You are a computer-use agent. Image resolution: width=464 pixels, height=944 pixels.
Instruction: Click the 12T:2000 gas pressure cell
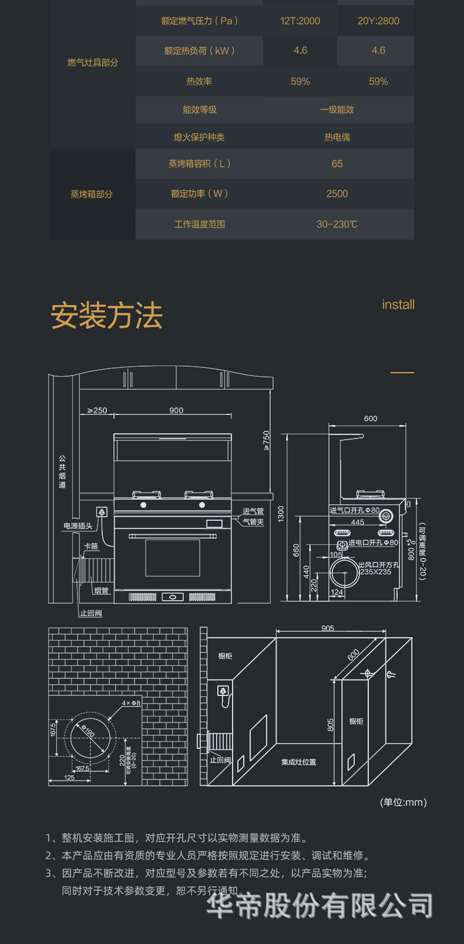point(300,21)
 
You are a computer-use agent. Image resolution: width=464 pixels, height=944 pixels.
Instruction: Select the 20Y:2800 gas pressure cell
point(378,21)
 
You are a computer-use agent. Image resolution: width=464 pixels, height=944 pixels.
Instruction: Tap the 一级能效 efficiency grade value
point(337,110)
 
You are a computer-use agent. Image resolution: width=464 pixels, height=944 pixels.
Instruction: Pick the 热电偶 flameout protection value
point(337,137)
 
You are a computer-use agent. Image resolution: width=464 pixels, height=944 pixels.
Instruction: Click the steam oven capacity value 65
point(337,164)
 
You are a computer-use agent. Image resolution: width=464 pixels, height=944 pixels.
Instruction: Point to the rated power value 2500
point(337,194)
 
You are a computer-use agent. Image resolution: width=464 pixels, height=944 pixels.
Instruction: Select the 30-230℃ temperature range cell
point(337,225)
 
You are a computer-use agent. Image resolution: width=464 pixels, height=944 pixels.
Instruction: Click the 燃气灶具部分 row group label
point(93,62)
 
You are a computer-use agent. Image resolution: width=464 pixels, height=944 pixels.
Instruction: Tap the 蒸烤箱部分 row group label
point(92,194)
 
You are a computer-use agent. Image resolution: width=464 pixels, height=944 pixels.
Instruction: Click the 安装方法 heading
point(106,316)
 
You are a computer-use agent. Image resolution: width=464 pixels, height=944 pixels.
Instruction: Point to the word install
point(398,304)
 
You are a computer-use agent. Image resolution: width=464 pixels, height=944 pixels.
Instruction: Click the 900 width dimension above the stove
point(176,410)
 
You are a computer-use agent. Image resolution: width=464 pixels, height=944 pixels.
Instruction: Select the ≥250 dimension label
point(97,410)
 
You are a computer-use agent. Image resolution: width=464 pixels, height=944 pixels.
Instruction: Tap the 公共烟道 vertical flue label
point(62,471)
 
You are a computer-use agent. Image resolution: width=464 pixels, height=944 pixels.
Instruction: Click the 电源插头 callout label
point(78,526)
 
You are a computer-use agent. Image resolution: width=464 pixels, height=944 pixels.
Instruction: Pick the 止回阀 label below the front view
point(91,613)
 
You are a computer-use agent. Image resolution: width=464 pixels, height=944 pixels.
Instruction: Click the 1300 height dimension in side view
point(281,513)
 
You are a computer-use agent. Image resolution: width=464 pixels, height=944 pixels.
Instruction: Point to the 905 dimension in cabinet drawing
point(328,628)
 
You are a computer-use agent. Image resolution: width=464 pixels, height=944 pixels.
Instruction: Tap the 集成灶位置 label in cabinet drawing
point(298,762)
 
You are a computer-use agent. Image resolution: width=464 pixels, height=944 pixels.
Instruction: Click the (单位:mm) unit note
point(404,802)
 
